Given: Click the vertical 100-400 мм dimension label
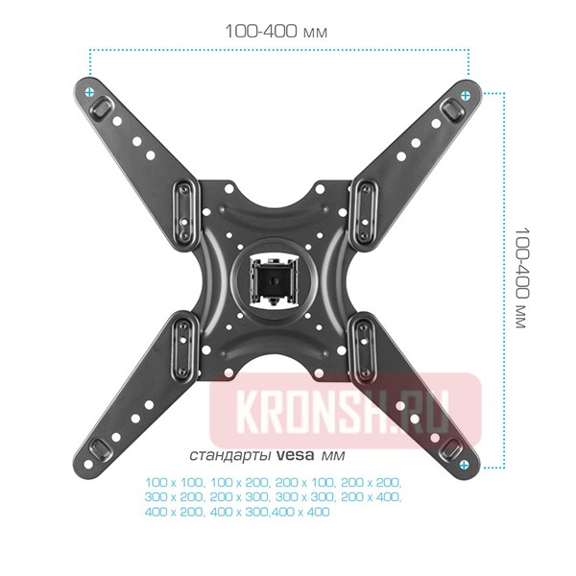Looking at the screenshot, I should pyautogui.click(x=521, y=278).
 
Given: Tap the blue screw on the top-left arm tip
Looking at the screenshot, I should pyautogui.click(x=89, y=92).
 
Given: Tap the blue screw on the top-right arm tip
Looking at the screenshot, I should pyautogui.click(x=467, y=94).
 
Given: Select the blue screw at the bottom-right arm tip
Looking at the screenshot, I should pyautogui.click(x=466, y=465).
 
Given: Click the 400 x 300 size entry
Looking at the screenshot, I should pyautogui.click(x=240, y=512).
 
